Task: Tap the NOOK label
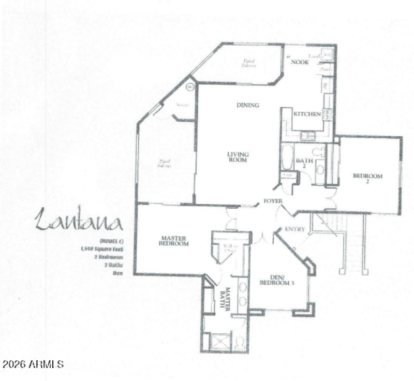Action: pos(300,62)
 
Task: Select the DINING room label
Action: pos(247,105)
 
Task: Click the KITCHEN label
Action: pos(307,114)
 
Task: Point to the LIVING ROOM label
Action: pos(238,157)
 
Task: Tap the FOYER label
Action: pos(273,201)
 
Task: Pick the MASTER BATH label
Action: pos(226,297)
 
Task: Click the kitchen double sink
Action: pos(308,136)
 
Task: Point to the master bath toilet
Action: pos(239,342)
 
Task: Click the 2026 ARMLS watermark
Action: pos(32,364)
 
